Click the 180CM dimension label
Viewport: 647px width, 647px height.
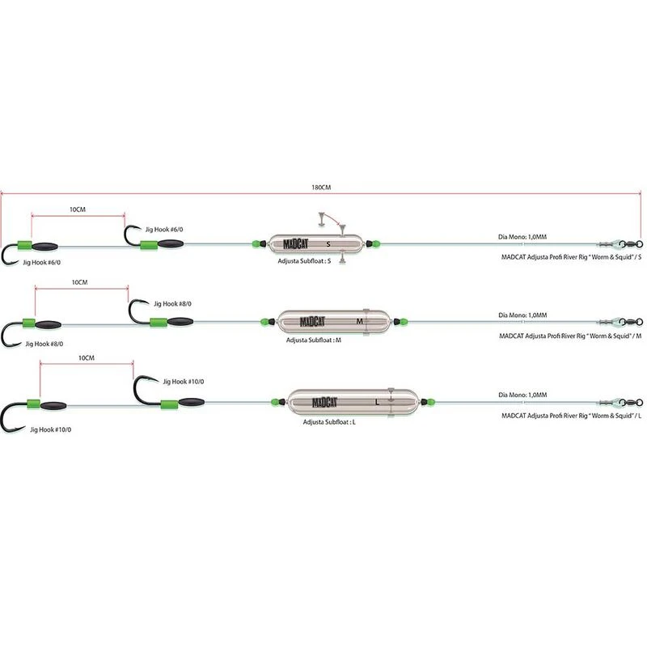tap(321, 188)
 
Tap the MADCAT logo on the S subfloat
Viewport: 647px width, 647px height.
tap(295, 244)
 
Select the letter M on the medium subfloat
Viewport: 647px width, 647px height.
tap(359, 321)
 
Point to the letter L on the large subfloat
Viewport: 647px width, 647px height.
tap(377, 402)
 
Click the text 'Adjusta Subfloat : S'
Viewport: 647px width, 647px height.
tap(304, 261)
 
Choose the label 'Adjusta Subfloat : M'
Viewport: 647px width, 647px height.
tap(314, 340)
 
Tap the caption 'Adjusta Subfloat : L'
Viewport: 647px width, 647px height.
tap(329, 422)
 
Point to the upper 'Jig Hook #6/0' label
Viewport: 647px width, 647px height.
tap(164, 230)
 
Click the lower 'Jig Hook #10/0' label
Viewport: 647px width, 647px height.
tap(50, 429)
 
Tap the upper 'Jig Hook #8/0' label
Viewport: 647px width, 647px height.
tap(172, 304)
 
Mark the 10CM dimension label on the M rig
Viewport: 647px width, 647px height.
tap(79, 282)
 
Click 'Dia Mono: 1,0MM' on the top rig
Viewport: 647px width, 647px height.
tap(522, 237)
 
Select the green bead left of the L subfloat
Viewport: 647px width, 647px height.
tap(275, 401)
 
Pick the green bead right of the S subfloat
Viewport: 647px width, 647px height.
tap(376, 244)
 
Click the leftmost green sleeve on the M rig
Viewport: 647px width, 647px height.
tap(29, 323)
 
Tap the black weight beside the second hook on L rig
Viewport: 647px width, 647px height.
tap(192, 401)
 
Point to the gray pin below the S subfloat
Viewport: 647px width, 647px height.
tap(342, 259)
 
